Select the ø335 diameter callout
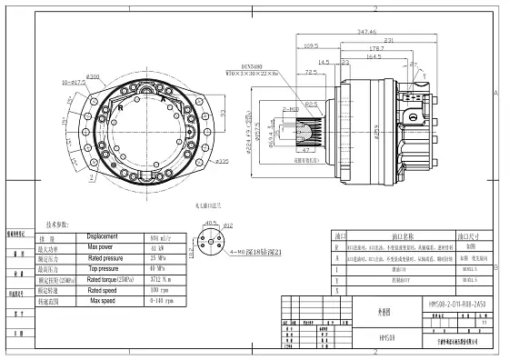coord(221,162)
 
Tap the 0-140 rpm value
coord(159,301)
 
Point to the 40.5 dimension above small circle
coord(212,221)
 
